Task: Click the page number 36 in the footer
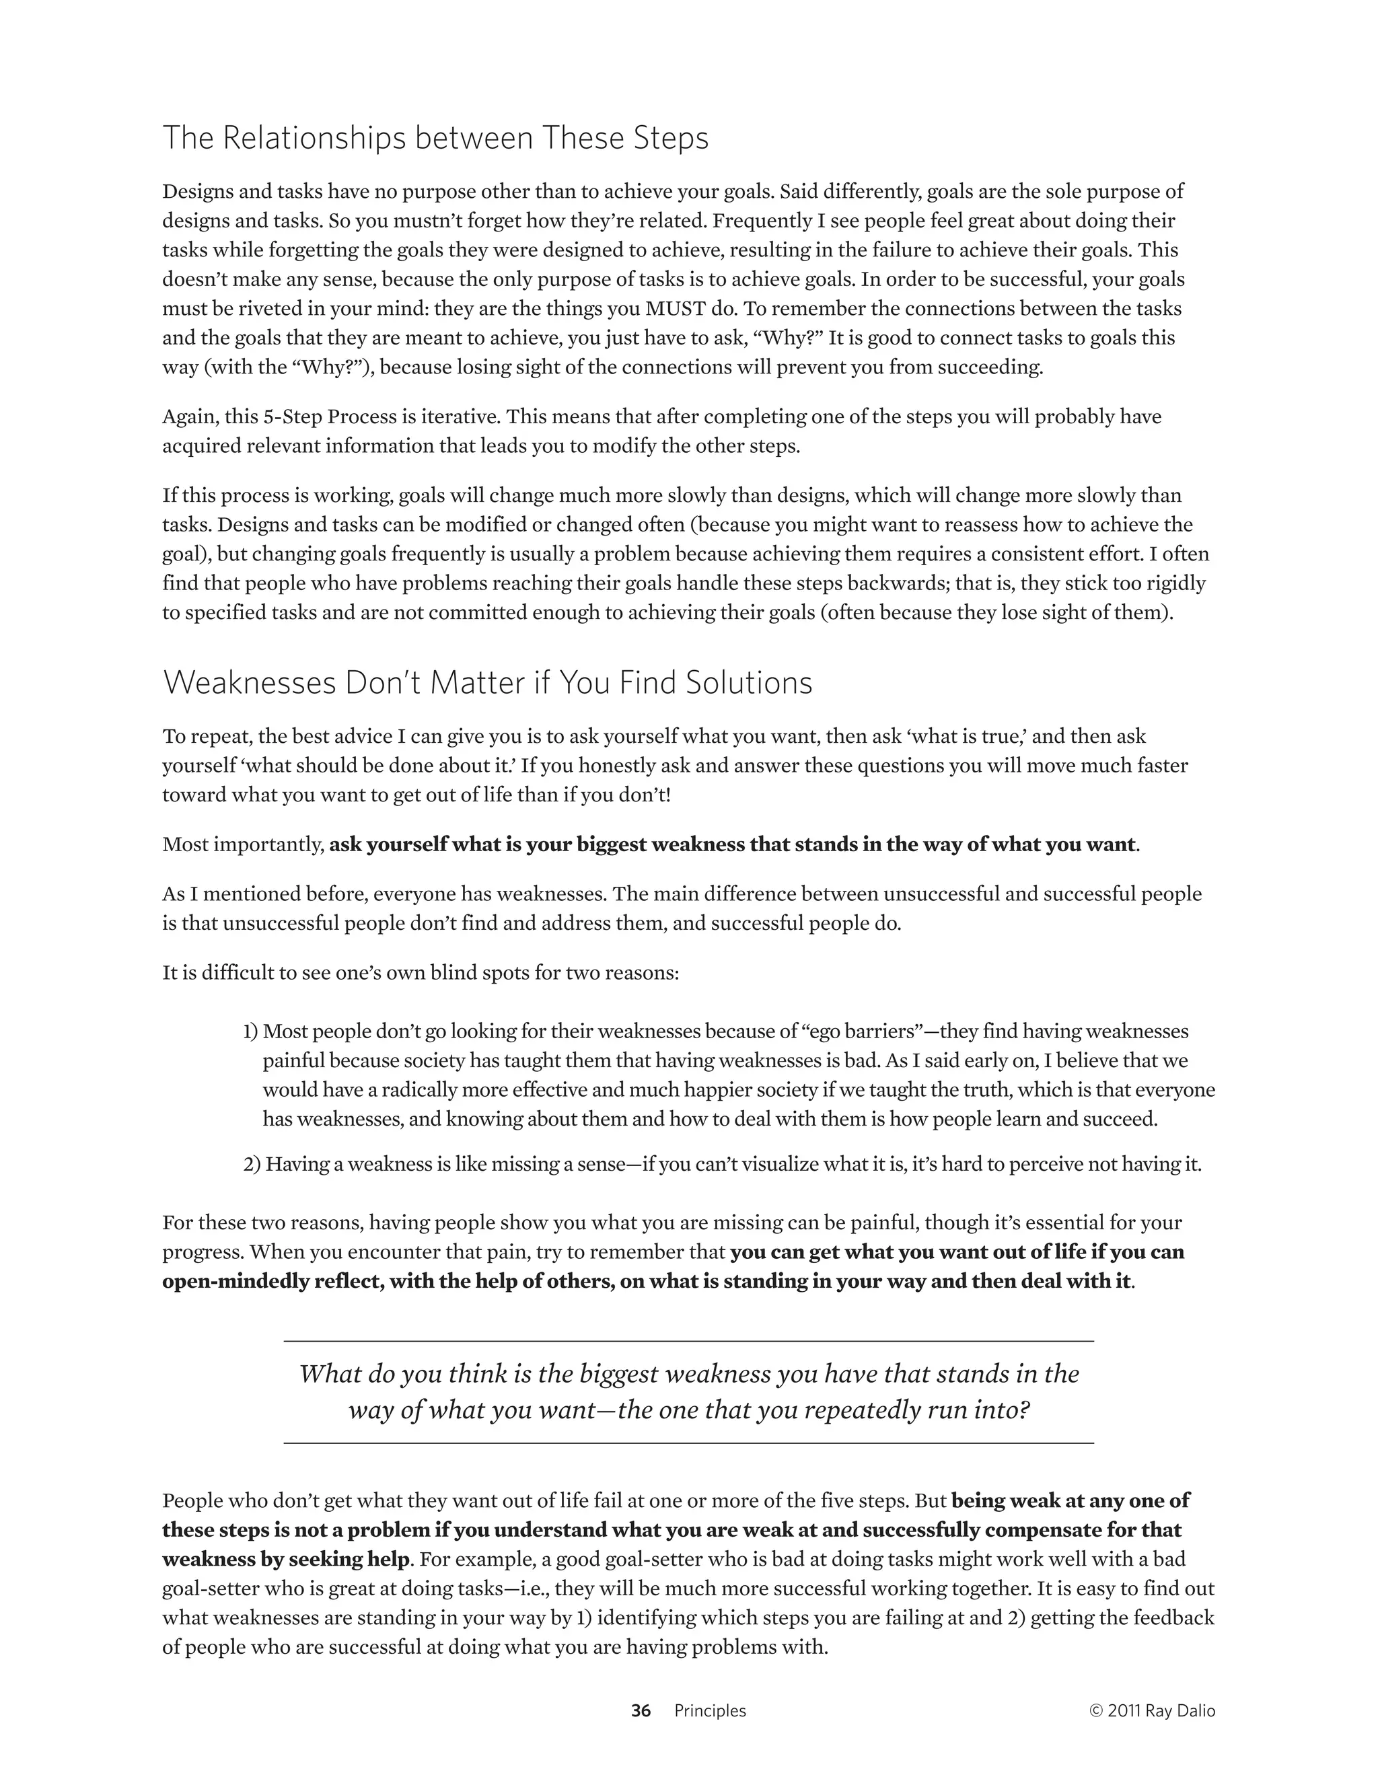point(641,1710)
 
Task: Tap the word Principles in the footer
point(709,1710)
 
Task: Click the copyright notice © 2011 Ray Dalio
point(1152,1710)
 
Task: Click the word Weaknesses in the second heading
point(249,682)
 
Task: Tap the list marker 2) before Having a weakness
point(252,1163)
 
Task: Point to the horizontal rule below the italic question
point(688,1443)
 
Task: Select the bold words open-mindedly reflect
point(273,1281)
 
